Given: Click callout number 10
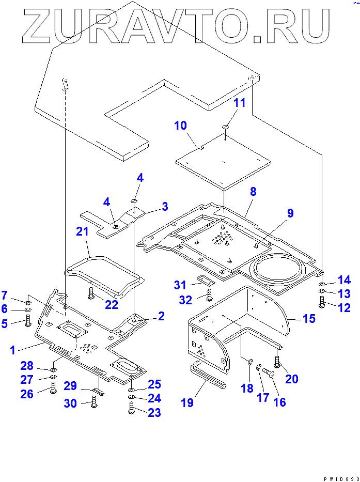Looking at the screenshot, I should pos(180,126).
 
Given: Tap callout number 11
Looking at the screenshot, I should pos(239,103).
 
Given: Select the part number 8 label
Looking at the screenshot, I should pos(253,192).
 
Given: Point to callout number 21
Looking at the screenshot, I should pos(83,232).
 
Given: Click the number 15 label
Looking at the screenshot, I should pos(309,318).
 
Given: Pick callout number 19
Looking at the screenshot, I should pos(187,402).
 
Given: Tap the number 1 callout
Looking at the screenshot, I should pos(12,350).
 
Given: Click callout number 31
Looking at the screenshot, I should pos(179,285).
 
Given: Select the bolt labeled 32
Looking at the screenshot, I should pos(209,296).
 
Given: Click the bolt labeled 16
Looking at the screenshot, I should pos(268,371).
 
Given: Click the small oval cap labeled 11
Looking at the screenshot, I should pos(225,127).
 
